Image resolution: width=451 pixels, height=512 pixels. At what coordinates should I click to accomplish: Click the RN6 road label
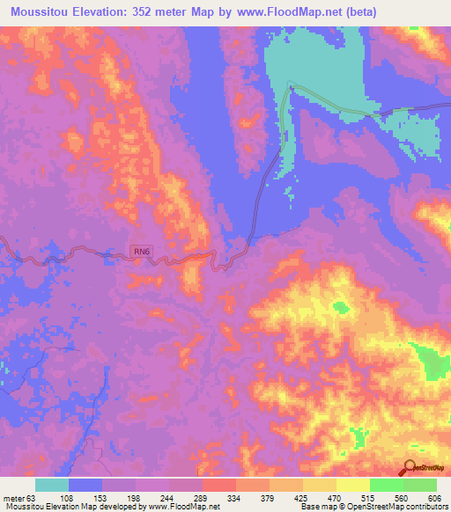pos(142,252)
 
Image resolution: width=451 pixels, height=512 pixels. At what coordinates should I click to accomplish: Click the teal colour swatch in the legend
pos(52,485)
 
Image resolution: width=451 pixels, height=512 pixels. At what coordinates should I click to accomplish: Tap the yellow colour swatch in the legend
pos(352,485)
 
